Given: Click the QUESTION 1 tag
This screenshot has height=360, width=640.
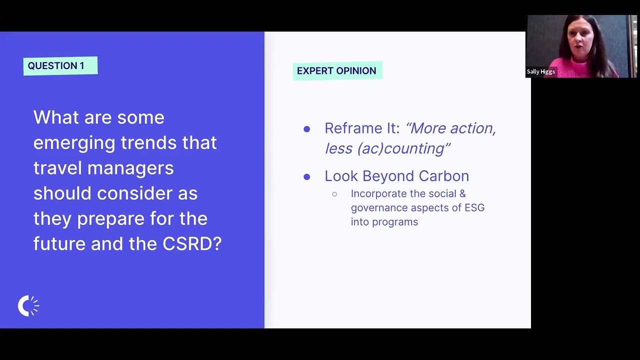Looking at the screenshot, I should (x=60, y=66).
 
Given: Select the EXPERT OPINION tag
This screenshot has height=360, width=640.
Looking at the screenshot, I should (x=337, y=71).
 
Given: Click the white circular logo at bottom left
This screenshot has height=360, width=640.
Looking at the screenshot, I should (x=28, y=306).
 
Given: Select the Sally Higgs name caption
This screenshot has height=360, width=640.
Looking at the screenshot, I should (x=540, y=71).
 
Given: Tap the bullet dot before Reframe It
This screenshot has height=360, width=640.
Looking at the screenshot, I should (x=307, y=129).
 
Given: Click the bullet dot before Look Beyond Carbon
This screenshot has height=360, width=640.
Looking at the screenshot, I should (x=307, y=176).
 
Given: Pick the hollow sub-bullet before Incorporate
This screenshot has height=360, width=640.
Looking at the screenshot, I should (x=334, y=194).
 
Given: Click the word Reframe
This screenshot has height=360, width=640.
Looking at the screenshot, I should (x=353, y=128).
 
